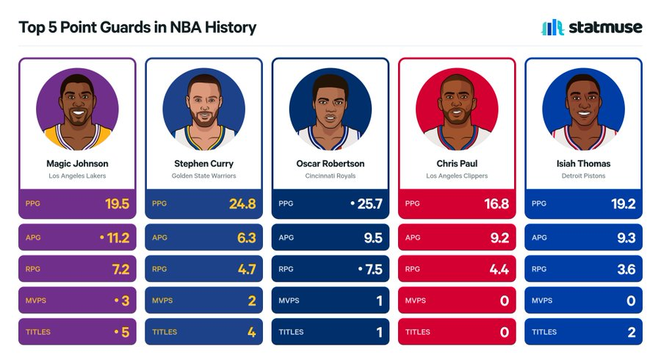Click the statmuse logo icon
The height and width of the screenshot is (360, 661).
552,27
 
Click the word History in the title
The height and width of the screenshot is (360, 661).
231,27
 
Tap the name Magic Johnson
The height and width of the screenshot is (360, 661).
77,164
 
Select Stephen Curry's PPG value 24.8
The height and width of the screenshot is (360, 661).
242,204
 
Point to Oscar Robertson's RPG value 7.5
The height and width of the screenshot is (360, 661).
374,270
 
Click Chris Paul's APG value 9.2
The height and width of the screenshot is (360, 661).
499,238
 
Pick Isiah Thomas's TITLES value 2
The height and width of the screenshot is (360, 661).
632,333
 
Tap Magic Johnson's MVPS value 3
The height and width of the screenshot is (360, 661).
125,301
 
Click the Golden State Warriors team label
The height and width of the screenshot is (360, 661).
203,176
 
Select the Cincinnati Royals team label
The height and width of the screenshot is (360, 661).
330,176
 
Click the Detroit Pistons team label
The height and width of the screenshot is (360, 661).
583,176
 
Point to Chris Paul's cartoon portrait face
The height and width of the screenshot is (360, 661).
457,102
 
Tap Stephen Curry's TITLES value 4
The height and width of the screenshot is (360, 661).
252,333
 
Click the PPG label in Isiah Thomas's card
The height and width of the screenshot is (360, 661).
539,204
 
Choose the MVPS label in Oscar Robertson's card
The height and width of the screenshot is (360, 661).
289,301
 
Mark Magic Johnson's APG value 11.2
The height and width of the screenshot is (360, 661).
118,238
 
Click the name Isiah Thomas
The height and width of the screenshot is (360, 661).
583,164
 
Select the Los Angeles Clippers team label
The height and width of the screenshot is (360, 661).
457,176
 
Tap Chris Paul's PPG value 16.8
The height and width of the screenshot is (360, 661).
496,204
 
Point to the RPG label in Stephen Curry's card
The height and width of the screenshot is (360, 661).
159,269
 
